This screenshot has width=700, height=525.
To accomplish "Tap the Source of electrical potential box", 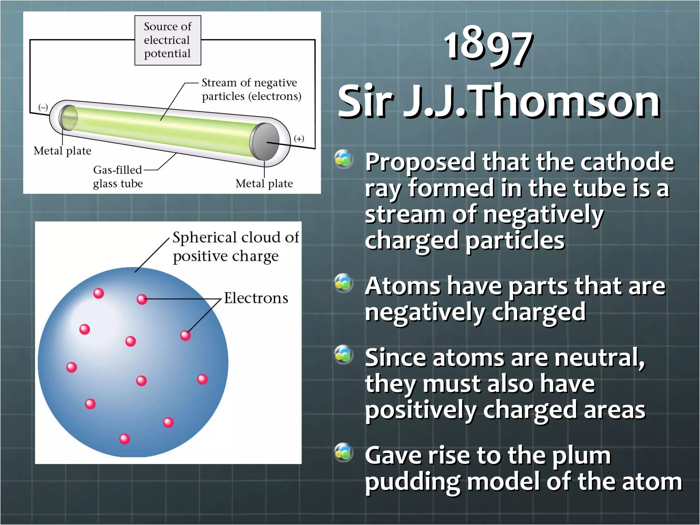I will point(167,40).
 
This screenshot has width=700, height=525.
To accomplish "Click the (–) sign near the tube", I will point(43,107).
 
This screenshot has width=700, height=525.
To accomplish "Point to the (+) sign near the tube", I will point(299,138).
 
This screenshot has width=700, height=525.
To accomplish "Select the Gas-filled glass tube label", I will point(118,176).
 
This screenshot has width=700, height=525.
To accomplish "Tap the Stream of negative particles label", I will point(251,89).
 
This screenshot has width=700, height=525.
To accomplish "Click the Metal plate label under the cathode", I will point(62,151).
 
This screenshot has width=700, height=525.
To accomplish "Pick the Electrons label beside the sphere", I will point(256,298).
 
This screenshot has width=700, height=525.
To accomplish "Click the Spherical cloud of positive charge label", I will point(235,246).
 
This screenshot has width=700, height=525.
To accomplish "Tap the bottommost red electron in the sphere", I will point(124,439).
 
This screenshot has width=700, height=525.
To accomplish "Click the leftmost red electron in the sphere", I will point(71,367).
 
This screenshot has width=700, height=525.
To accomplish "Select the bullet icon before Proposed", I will point(343,159).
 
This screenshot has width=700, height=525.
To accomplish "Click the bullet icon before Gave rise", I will point(343,452).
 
